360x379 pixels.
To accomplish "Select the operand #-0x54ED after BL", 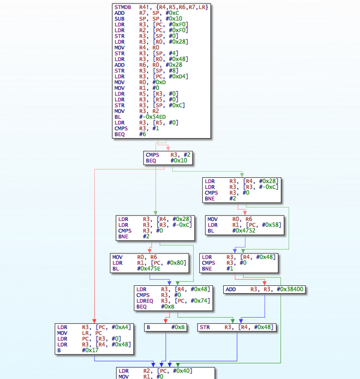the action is click(x=152, y=117).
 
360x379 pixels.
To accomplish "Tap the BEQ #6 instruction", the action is click(x=130, y=134).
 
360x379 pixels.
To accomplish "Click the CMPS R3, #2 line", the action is click(x=168, y=155).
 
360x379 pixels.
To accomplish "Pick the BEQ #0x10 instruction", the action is click(x=166, y=160).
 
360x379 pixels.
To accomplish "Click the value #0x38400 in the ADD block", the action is click(x=290, y=290).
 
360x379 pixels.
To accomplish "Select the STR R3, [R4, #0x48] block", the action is click(x=236, y=327).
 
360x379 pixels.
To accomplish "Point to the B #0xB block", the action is click(x=166, y=327).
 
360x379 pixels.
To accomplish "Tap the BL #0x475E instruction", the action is click(x=136, y=268).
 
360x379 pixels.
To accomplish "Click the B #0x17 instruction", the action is click(x=78, y=350).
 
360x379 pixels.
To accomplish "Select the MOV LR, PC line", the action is click(x=80, y=333).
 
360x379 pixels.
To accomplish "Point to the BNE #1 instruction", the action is click(x=217, y=268).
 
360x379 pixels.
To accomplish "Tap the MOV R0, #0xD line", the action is click(x=140, y=82).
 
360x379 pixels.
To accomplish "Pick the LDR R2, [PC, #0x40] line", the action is click(x=155, y=371).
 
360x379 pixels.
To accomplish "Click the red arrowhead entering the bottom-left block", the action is click(x=94, y=321).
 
